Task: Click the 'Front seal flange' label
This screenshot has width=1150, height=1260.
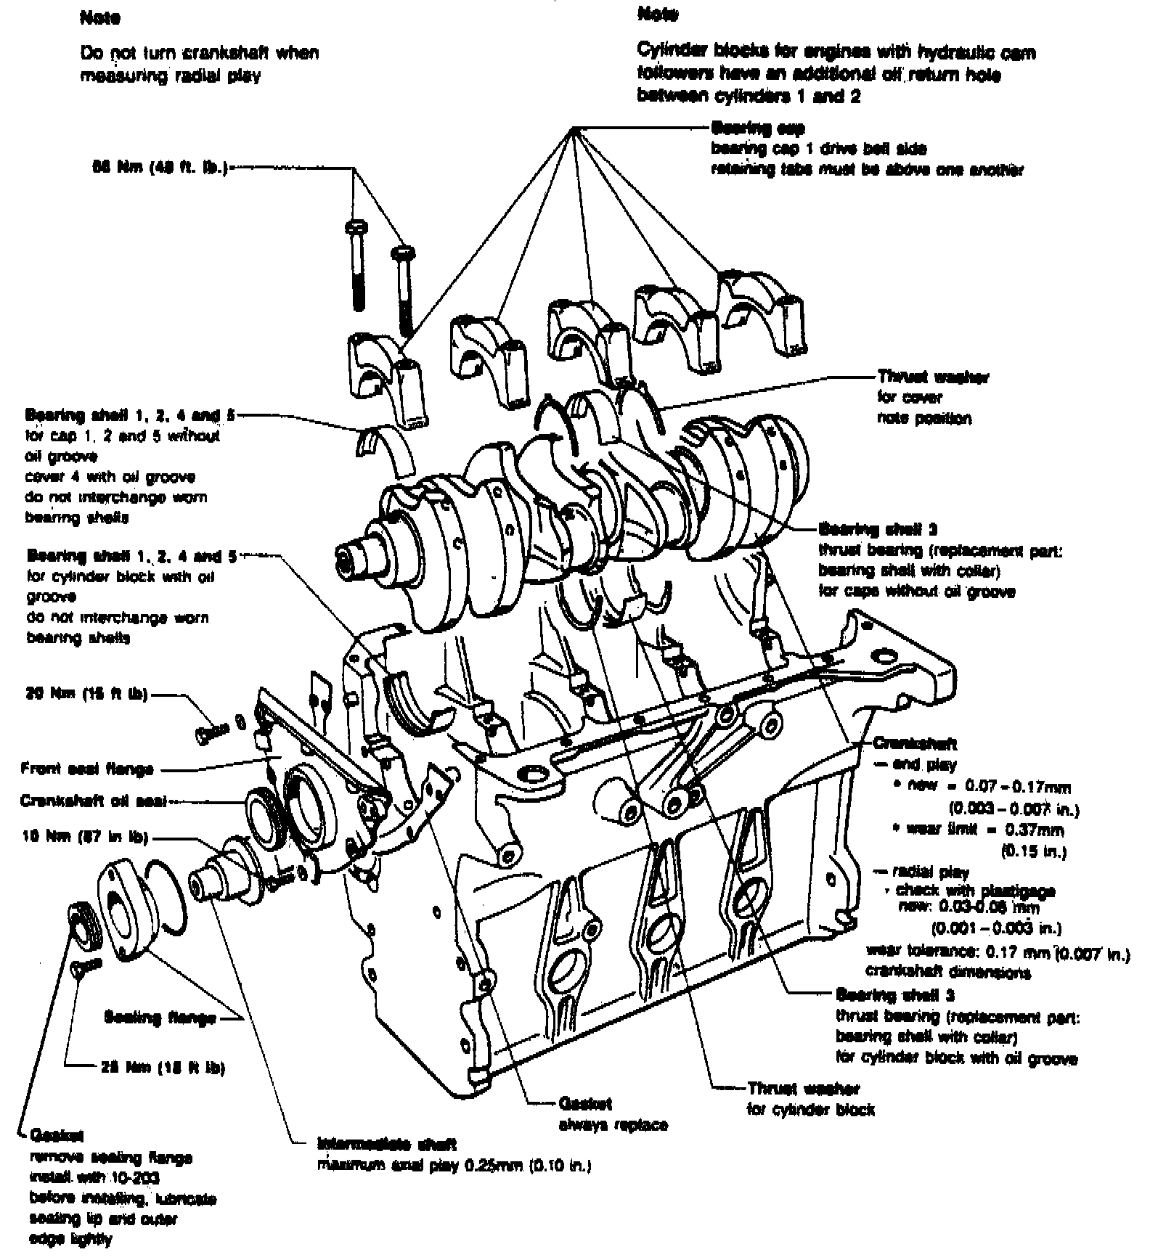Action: (x=87, y=768)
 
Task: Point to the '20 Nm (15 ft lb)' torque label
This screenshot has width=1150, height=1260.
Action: (x=86, y=694)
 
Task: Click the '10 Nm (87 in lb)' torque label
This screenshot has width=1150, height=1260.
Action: (x=85, y=837)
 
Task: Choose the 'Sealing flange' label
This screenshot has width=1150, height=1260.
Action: (x=160, y=1018)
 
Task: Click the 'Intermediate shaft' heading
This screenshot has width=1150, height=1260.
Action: (x=387, y=1145)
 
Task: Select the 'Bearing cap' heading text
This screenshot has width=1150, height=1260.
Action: (x=758, y=128)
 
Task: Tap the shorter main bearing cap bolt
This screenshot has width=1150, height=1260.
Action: (x=401, y=290)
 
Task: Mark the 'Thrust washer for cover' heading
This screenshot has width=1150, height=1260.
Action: (x=931, y=377)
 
